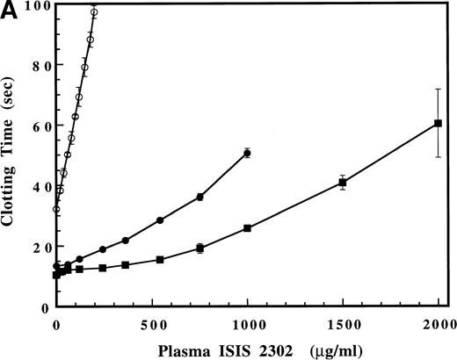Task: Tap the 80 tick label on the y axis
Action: click(x=34, y=65)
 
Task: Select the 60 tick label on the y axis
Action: click(x=34, y=126)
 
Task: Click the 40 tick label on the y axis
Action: click(x=34, y=186)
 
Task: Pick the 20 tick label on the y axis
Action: click(x=34, y=247)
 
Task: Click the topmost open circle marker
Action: click(x=94, y=12)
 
